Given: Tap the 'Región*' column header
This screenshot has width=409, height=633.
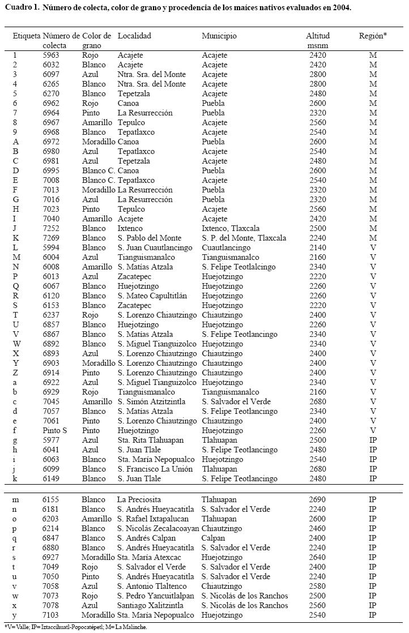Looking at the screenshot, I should pos(373,36).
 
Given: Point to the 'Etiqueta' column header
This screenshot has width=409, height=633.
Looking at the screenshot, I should pos(27,36).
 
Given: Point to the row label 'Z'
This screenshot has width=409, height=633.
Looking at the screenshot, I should pos(15,373).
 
